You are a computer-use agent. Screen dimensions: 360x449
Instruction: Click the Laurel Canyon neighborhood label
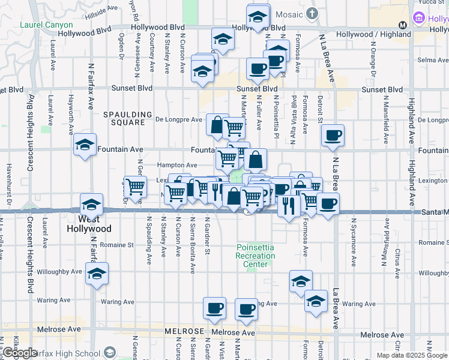click(46, 25)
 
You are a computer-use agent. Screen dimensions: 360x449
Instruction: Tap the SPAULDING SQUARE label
click(124, 118)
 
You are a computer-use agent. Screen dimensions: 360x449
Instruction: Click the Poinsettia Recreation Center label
click(256, 256)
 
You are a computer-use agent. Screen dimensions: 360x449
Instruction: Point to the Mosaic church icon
click(311, 13)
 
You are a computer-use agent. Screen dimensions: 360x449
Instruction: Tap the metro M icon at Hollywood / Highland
click(402, 25)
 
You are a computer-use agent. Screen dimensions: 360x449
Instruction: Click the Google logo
click(20, 353)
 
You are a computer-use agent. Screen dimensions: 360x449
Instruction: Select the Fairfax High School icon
click(109, 352)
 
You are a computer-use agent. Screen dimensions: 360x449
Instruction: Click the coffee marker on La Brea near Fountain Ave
click(333, 136)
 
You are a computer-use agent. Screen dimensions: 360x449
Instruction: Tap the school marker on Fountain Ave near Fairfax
click(85, 145)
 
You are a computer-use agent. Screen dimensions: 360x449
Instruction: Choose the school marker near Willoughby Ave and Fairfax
click(97, 274)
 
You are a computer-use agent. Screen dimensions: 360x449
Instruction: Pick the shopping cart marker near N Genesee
click(135, 187)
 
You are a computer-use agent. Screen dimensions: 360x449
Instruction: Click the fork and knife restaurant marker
click(289, 206)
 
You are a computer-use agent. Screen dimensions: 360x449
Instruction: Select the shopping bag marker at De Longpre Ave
click(217, 125)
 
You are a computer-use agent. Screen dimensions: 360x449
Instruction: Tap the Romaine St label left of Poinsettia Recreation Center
click(117, 245)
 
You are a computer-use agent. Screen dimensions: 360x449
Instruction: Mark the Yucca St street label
click(436, 2)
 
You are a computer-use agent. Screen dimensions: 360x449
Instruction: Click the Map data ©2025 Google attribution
click(412, 355)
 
